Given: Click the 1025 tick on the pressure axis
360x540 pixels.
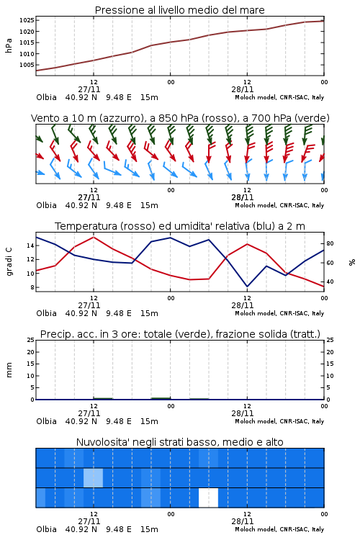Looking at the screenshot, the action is coord(27,20).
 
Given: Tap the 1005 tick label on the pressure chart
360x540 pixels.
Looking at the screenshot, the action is coord(27,65).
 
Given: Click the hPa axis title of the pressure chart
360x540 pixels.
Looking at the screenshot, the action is coord(9,45).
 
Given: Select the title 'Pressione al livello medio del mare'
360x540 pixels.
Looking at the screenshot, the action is coord(180,10).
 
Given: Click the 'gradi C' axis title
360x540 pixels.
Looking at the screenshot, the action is coord(9,261).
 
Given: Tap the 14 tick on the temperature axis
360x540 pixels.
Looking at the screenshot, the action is coord(30,246).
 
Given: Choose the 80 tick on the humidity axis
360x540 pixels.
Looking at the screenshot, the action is coord(330,243).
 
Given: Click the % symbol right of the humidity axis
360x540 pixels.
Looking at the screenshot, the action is coord(352,262).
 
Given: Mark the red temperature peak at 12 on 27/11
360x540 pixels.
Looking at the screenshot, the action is coord(94,237).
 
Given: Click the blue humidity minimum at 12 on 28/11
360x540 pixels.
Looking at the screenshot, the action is coord(247,286).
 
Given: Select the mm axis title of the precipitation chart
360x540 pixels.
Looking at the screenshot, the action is coord(9,369).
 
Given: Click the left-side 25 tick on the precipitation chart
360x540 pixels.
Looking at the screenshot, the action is coord(30,340).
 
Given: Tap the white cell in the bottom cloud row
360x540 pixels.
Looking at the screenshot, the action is coord(208,498).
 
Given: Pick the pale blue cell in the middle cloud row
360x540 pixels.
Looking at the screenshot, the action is coord(93,477).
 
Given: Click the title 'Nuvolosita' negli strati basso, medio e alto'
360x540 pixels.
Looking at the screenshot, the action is coord(180,442).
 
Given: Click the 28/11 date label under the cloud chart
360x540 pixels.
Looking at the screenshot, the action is coord(243,521).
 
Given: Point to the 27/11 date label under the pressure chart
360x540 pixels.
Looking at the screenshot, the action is coord(89,89).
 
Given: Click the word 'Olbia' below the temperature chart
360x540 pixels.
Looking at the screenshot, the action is coord(47,313).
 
